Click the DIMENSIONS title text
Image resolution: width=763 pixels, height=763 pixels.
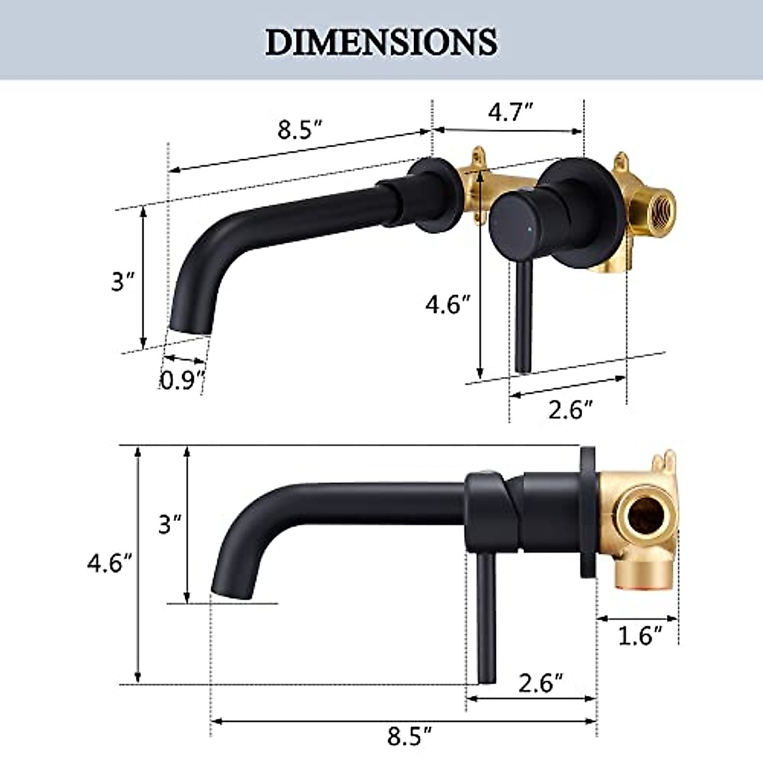click(381, 41)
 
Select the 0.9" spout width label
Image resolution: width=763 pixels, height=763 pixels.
click(181, 380)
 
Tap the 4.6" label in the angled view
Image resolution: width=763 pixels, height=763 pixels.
click(448, 305)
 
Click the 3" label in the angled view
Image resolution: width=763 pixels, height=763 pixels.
click(121, 280)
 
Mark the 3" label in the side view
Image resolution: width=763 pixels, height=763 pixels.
click(169, 525)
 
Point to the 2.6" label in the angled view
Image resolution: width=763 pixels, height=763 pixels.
click(570, 410)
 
